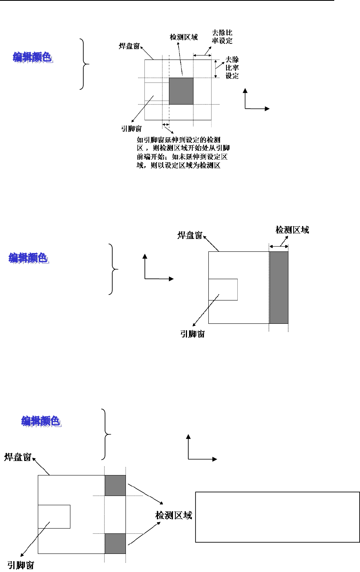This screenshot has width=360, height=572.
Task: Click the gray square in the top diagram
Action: pos(181,91)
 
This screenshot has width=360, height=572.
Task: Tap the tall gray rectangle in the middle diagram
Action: pos(279,288)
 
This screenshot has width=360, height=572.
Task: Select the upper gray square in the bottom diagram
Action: pos(115,486)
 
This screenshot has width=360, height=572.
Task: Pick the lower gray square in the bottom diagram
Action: pos(115,543)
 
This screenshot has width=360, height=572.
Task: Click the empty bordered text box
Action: pos(277,517)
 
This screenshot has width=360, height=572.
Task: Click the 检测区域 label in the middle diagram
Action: pos(292,230)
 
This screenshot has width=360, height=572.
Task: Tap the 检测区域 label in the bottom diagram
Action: pos(174,515)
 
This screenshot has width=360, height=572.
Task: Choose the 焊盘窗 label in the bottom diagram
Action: pos(18,457)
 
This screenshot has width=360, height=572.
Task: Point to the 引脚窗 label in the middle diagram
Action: pos(192,334)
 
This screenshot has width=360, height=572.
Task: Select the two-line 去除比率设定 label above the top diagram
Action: pos(222,37)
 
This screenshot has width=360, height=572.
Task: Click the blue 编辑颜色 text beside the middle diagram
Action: pos(29,258)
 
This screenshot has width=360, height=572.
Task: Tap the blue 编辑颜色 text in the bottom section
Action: pos(41,421)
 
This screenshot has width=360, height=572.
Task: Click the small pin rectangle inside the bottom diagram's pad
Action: pos(54,516)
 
